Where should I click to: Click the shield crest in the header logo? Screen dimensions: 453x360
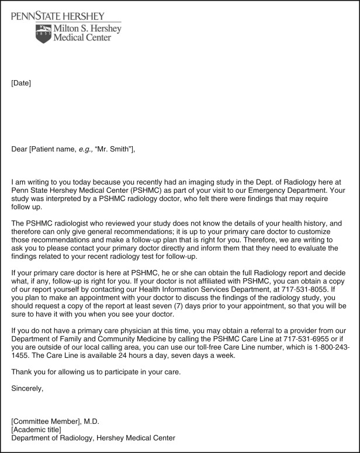[43, 33]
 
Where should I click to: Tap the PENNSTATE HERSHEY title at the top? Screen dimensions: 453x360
[58, 16]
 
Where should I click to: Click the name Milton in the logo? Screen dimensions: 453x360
[70, 29]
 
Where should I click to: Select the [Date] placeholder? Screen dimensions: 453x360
[21, 83]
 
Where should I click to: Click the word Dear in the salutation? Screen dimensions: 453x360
[19, 148]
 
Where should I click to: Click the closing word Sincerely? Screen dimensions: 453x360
[27, 388]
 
